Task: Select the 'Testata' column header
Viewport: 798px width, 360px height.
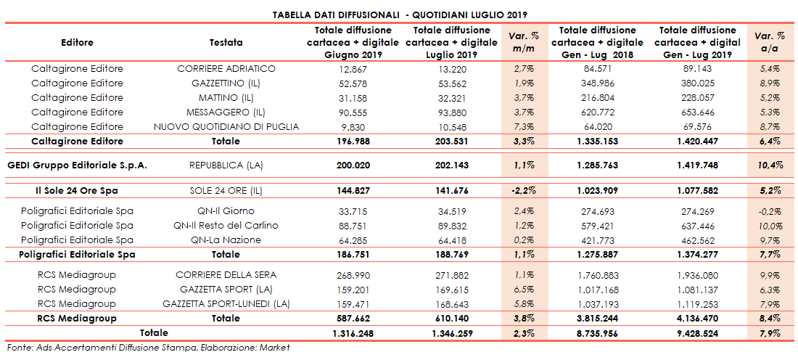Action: point(226,43)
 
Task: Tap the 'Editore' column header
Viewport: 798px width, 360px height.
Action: point(78,43)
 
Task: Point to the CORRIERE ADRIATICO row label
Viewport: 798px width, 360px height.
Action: point(226,69)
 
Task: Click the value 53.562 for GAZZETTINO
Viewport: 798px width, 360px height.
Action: point(453,83)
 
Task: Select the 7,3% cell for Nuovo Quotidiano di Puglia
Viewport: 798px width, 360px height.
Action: point(525,127)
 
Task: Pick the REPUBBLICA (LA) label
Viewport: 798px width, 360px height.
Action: point(226,165)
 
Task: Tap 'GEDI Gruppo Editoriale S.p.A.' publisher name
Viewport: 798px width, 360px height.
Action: point(78,165)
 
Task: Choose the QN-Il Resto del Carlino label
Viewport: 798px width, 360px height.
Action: point(226,226)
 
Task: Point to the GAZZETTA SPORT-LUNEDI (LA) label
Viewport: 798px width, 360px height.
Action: point(226,304)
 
